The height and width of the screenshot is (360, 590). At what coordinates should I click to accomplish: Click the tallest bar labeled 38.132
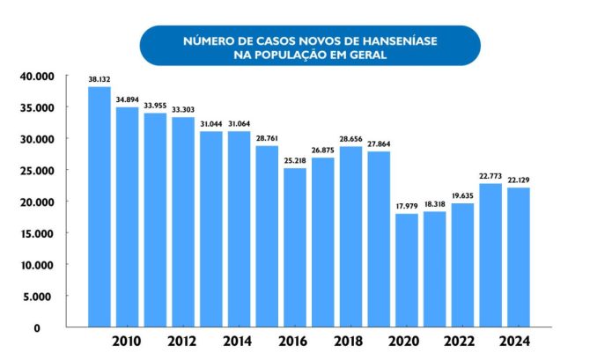click(x=99, y=207)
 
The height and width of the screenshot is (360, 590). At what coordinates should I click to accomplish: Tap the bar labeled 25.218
click(x=295, y=247)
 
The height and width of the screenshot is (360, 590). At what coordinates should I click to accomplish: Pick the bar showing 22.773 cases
click(x=490, y=255)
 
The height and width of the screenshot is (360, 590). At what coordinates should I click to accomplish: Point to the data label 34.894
click(x=127, y=99)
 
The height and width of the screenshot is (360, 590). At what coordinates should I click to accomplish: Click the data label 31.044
click(x=210, y=123)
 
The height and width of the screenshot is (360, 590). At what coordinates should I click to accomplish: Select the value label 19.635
click(x=462, y=195)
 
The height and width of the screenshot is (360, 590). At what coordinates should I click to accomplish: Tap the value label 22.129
click(x=519, y=180)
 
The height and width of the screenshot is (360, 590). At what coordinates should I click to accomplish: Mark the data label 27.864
click(x=379, y=143)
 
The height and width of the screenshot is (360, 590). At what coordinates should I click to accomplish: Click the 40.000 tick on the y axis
click(x=37, y=77)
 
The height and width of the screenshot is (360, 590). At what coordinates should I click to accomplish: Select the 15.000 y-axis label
click(x=37, y=233)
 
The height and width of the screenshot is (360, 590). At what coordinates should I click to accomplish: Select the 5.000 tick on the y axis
click(x=41, y=297)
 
